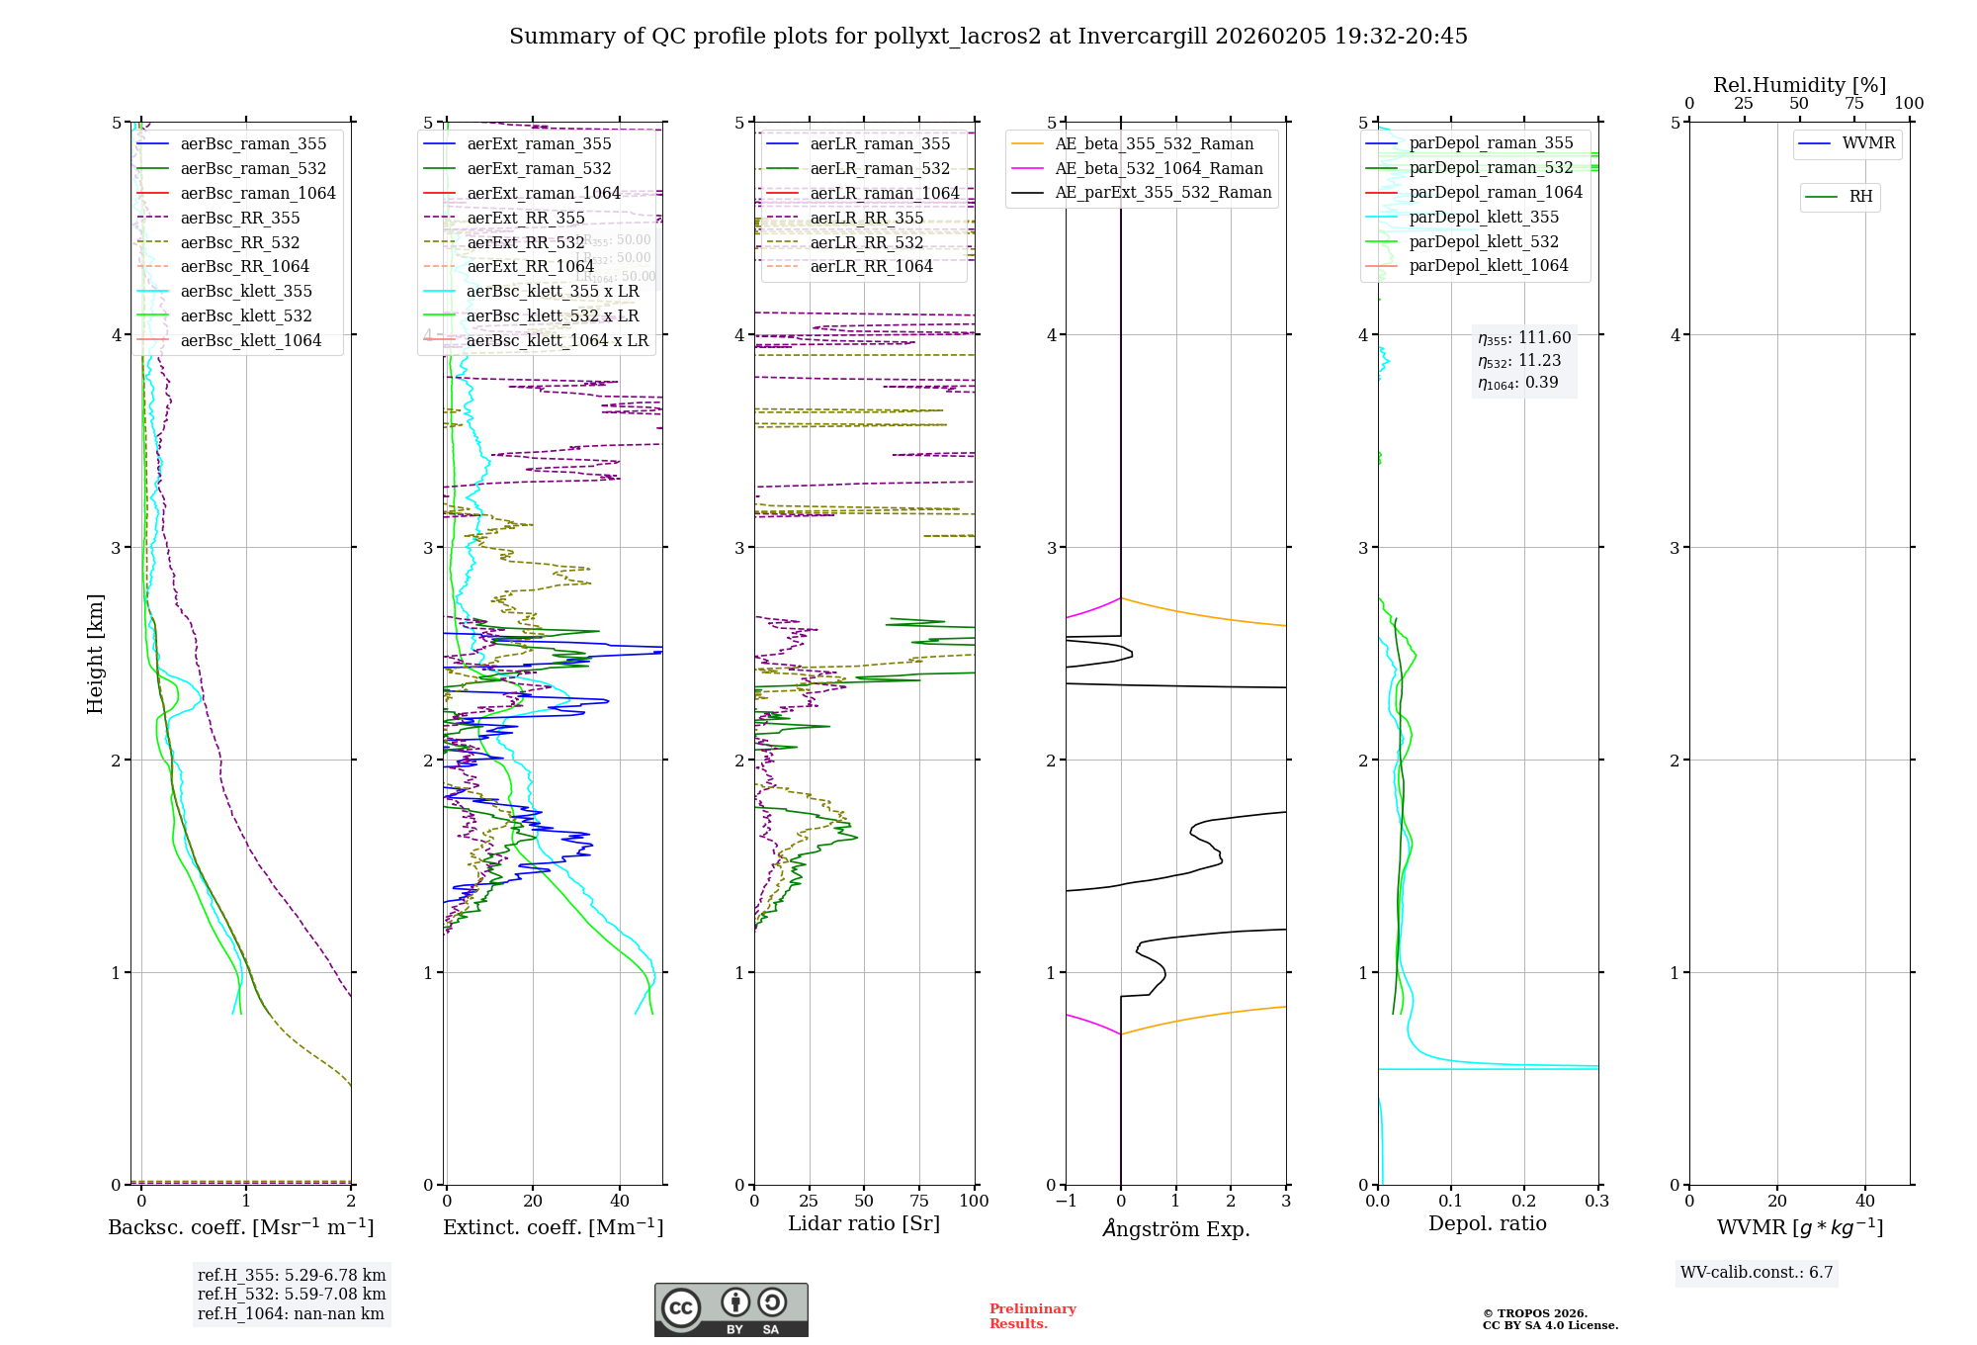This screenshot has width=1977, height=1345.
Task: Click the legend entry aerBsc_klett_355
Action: point(245,292)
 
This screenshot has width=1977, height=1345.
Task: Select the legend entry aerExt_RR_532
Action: point(525,242)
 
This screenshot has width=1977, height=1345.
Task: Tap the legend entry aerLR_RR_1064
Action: point(871,267)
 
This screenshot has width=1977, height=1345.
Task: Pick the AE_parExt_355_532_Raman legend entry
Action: point(1162,193)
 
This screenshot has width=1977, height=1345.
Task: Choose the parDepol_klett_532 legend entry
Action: point(1483,242)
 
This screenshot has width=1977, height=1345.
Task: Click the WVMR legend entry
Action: point(1868,143)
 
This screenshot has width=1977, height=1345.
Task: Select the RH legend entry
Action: point(1860,197)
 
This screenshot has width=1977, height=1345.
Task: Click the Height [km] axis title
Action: point(95,654)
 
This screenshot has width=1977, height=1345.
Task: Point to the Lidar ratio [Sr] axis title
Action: point(863,1223)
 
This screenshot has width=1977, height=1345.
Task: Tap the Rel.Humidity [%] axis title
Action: point(1799,85)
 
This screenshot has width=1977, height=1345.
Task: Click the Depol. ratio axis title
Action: point(1487,1223)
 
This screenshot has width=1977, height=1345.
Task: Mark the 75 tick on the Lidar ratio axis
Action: point(919,1201)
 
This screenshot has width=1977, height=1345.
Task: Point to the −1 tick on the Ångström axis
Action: point(1066,1201)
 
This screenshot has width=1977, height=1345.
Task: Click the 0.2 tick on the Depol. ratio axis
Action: point(1524,1201)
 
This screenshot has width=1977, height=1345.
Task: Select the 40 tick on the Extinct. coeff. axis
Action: point(620,1201)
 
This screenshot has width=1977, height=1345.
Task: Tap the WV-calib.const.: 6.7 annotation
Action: point(1757,1273)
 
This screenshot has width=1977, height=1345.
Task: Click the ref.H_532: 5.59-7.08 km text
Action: point(292,1295)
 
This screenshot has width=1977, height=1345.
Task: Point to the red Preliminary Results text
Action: point(1032,1316)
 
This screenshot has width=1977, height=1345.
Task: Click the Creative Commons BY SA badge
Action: point(731,1310)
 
